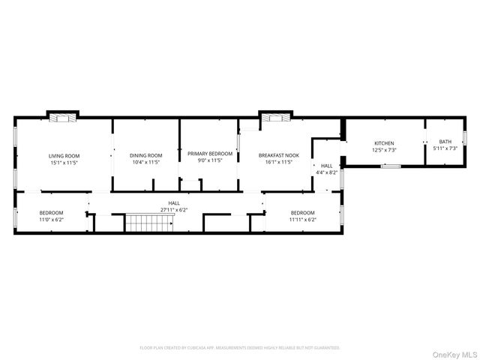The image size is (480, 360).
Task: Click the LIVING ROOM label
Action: [62, 155]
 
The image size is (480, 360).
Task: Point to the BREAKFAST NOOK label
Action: [279, 155]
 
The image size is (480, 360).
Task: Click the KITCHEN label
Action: [384, 142]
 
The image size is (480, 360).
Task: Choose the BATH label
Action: [445, 142]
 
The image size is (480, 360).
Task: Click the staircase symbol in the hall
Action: [139, 223]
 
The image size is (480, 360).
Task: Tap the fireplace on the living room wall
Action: [62, 117]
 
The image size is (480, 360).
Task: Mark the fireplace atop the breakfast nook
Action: [274, 117]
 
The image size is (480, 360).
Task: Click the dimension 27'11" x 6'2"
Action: [174, 210]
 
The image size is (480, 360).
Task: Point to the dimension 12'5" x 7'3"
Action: [384, 148]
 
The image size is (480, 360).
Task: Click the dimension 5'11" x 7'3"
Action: [445, 148]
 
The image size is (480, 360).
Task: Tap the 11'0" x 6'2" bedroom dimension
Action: [52, 220]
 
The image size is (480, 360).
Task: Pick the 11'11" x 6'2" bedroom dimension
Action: [303, 220]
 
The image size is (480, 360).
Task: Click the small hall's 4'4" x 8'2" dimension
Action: [327, 172]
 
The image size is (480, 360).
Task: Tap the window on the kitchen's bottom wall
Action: [390, 166]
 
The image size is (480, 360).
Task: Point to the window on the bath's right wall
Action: [465, 138]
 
